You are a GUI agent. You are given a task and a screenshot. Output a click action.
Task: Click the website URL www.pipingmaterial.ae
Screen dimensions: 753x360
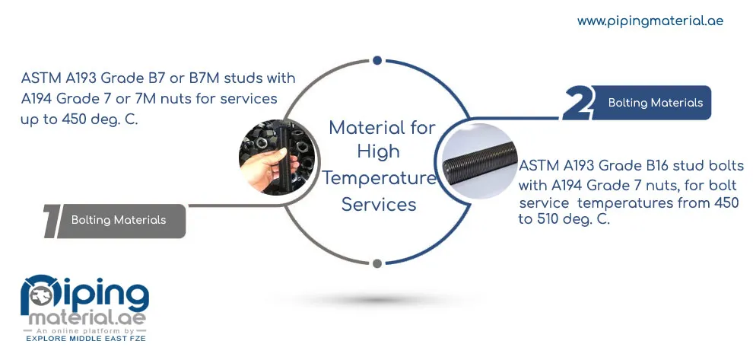(650, 21)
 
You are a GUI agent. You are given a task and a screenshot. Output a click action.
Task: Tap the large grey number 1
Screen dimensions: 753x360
(52, 221)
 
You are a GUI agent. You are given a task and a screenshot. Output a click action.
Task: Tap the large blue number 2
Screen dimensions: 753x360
(577, 103)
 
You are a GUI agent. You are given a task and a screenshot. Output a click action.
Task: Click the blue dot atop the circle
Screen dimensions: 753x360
(377, 60)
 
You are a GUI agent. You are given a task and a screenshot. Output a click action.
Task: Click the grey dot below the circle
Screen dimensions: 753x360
(377, 263)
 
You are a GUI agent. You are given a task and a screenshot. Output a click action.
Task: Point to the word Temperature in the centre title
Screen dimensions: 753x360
(379, 178)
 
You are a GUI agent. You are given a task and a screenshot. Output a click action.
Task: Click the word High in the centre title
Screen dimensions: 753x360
(379, 152)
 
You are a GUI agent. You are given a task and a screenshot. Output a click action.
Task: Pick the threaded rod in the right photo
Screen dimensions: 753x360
(479, 161)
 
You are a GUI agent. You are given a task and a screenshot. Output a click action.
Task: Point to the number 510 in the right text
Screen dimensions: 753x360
(545, 220)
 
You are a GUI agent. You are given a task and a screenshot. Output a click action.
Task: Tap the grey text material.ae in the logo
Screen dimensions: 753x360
(87, 319)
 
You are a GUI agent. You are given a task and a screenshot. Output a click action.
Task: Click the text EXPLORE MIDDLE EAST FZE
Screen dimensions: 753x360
(85, 339)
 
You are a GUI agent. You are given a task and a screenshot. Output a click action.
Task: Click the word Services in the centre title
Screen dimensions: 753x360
(379, 205)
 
